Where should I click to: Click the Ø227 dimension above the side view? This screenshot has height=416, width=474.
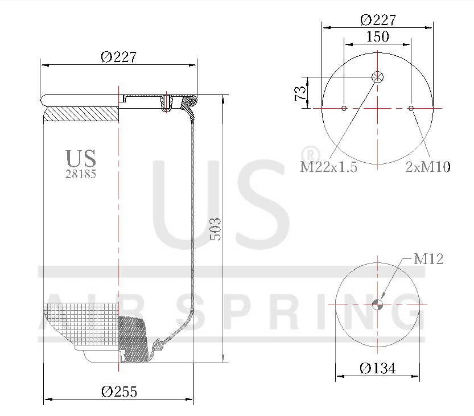coord(118,57)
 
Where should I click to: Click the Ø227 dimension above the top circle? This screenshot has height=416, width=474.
coord(378,20)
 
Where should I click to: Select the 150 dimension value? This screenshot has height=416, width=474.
coord(378,36)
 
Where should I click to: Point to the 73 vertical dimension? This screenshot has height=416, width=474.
coord(300,93)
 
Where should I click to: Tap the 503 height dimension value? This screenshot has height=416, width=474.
coord(216,229)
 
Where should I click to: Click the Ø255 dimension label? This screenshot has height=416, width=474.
coord(119,392)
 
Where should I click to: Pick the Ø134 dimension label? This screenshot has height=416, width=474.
coord(378,368)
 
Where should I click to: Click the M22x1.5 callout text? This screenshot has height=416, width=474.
coord(328,167)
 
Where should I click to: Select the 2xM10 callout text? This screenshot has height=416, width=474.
coord(428,167)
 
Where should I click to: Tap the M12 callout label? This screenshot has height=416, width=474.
coord(428,259)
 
